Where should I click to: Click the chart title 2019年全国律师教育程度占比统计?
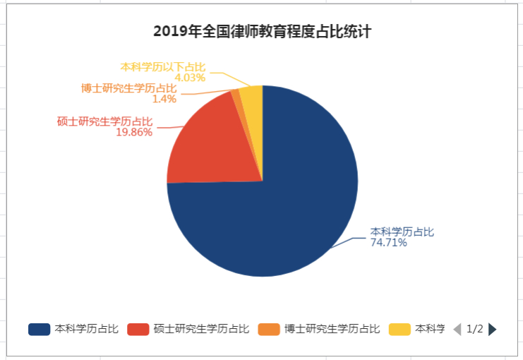(263, 31)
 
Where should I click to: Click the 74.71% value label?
(389, 243)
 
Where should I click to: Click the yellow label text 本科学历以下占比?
(163, 66)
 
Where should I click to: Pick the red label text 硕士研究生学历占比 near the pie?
(104, 121)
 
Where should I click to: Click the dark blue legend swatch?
(39, 329)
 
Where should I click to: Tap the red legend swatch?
(138, 329)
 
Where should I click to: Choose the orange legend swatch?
(269, 329)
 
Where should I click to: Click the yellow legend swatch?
(399, 329)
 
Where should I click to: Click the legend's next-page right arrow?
(493, 329)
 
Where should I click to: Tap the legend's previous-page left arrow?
(457, 329)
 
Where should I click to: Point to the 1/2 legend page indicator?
(475, 329)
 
